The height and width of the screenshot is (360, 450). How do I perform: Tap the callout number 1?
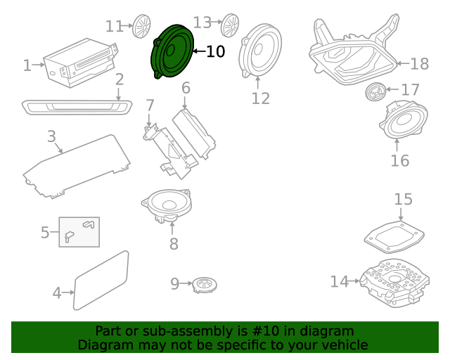[x=27, y=66]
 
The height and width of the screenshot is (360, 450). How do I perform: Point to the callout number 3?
[x=51, y=135]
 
